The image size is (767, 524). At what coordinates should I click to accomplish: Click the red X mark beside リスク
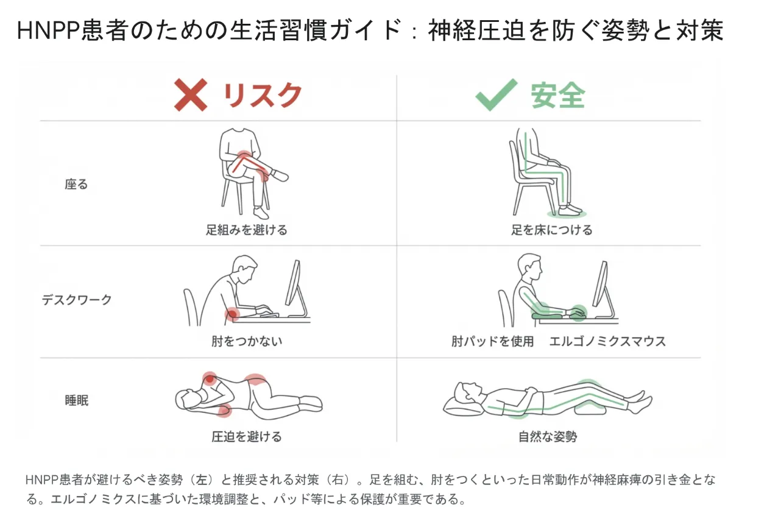point(191,95)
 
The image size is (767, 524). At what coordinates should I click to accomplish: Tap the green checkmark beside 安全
point(496,95)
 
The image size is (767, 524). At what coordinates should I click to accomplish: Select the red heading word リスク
point(263,95)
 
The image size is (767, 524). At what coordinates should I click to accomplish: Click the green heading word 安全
point(558,96)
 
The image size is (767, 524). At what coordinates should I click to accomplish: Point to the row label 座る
point(76,184)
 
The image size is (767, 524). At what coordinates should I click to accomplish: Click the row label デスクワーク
point(77,300)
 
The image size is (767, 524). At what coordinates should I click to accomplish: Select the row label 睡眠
point(77,400)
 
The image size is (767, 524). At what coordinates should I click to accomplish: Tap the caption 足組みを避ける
point(247,230)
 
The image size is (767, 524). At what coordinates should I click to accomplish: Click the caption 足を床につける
point(551,230)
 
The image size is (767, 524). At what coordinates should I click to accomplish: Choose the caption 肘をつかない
point(247,341)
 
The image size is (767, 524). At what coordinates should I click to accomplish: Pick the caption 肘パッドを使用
point(492,341)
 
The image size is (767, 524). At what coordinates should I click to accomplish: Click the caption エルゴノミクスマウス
point(608,341)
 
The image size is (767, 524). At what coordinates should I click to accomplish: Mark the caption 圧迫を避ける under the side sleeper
point(247,437)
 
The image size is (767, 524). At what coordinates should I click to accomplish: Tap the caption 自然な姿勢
point(548,437)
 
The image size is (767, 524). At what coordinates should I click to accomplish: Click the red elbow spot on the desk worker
point(232,313)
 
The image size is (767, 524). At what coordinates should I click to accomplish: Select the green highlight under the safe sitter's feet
point(567,214)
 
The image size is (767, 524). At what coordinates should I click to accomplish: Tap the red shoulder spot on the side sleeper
point(210,379)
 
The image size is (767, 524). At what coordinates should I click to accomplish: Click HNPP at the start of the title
point(48,30)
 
